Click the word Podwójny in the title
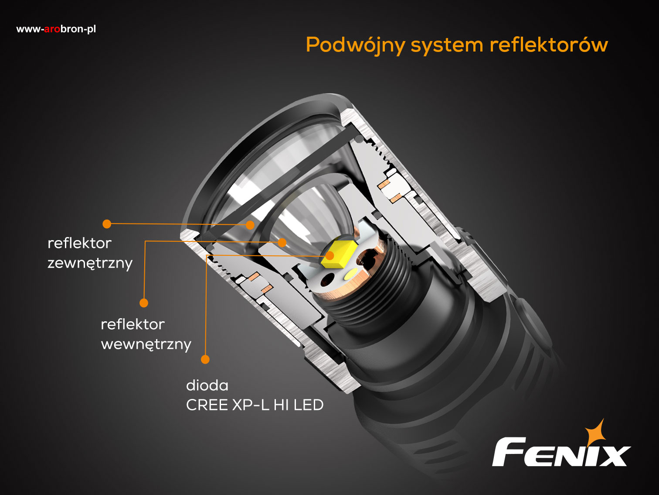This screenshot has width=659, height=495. click(x=355, y=45)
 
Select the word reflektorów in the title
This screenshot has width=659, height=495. click(x=548, y=45)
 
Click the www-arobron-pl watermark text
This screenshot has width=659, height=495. click(x=56, y=29)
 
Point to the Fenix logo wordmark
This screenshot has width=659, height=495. click(x=561, y=452)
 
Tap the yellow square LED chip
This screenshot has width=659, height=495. click(x=339, y=254)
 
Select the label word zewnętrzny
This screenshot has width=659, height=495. click(x=90, y=263)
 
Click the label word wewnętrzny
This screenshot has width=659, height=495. click(x=146, y=344)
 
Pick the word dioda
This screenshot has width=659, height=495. click(x=207, y=385)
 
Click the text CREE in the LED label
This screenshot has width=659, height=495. click(x=207, y=405)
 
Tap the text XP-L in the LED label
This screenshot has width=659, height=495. click(x=250, y=405)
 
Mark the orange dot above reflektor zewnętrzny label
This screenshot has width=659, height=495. click(x=107, y=224)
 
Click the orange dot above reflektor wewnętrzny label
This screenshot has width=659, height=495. click(x=144, y=303)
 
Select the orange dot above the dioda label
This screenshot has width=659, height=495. click(x=205, y=359)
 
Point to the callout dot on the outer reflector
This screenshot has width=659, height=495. click(x=250, y=225)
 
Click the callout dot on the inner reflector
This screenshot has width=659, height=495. click(x=282, y=242)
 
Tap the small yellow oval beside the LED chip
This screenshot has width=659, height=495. click(x=350, y=274)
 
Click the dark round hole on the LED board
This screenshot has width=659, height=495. click(x=328, y=280)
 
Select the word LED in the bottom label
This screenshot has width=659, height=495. click(x=309, y=405)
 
